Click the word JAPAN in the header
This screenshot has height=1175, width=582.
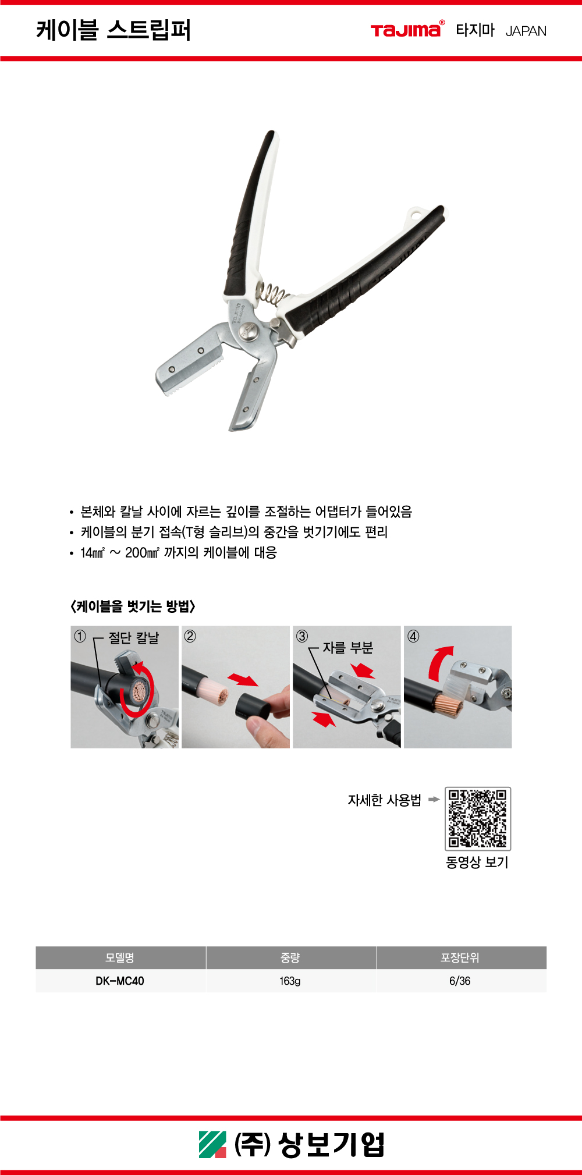click(526, 31)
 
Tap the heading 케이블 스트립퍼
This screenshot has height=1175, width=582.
click(113, 30)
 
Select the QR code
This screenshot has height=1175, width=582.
click(478, 818)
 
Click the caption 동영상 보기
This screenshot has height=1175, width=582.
click(477, 862)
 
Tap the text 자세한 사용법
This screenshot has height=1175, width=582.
click(384, 800)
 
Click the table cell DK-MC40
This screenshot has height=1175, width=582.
click(120, 981)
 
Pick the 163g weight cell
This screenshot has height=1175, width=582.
click(290, 981)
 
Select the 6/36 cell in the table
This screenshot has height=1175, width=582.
click(460, 981)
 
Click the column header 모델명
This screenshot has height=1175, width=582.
click(120, 958)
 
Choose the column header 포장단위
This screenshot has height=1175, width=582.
click(460, 958)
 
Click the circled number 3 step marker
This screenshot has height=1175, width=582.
click(302, 636)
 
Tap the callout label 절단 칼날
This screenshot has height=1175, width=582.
click(134, 638)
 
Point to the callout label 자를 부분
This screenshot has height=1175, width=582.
click(348, 648)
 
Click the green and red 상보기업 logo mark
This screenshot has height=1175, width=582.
click(212, 1144)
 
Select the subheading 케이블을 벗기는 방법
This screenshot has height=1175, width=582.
click(133, 606)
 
